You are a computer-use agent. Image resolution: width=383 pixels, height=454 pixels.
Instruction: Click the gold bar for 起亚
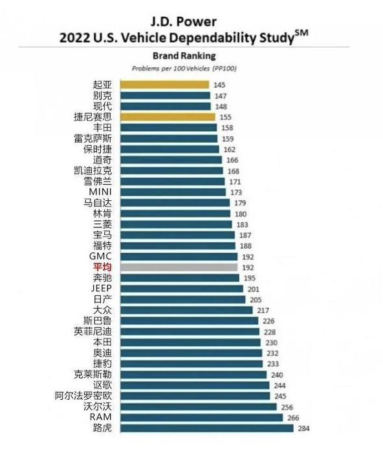[164, 85]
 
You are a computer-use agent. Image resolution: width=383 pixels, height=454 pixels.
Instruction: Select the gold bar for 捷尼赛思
[168, 117]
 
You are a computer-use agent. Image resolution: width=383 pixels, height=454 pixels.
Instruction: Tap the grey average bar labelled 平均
[179, 267]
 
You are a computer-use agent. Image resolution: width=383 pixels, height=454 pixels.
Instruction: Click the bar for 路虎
[207, 428]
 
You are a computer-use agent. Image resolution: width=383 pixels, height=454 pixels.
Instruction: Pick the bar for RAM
[201, 417]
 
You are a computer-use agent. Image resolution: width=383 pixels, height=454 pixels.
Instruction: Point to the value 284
[303, 428]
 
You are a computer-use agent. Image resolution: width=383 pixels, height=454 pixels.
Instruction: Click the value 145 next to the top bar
[219, 85]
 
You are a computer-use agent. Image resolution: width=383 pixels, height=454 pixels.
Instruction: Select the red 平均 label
[102, 267]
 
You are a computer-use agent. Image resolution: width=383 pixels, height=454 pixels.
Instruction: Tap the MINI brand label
[100, 192]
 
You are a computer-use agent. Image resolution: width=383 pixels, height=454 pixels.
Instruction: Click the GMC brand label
[100, 256]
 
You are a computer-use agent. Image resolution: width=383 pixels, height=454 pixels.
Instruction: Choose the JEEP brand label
[102, 289]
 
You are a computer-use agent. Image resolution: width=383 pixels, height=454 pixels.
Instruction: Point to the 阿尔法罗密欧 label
[83, 396]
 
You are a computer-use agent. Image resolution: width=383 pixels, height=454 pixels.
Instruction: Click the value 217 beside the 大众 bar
[263, 311]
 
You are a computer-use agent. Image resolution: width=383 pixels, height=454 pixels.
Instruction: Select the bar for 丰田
[169, 128]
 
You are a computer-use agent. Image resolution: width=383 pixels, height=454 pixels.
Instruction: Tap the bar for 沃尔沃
[199, 406]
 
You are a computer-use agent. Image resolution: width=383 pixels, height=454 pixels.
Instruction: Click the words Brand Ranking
[184, 56]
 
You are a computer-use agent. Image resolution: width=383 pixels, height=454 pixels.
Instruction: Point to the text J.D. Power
[184, 22]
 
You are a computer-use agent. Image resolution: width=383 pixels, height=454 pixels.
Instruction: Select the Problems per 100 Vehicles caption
[184, 68]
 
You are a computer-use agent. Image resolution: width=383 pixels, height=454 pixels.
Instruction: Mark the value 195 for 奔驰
[250, 278]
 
